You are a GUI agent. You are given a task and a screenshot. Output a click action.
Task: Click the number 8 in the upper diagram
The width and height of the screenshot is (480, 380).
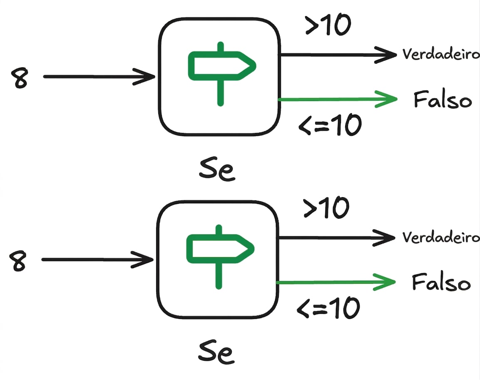coord(20,78)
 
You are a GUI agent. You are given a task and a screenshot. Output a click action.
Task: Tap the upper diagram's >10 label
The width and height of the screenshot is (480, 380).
coord(328,25)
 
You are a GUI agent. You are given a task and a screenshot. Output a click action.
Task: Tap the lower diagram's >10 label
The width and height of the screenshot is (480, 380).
coord(326,207)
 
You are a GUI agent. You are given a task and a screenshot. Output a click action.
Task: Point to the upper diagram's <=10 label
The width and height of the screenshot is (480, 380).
coord(330,125)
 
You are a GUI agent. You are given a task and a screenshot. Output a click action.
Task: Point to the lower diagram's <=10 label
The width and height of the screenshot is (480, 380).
coord(328,307)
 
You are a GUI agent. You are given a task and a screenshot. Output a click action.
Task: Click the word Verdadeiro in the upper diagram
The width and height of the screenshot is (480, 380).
coord(441,54)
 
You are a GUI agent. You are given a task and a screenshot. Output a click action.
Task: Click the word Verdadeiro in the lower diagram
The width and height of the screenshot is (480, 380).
coord(441,237)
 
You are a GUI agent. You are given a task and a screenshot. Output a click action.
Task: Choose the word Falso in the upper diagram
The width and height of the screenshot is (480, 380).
coord(443,99)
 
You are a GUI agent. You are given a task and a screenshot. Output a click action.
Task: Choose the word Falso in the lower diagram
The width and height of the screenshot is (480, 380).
coord(441,282)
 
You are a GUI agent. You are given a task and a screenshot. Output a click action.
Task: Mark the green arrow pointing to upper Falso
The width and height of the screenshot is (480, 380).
coord(338,99)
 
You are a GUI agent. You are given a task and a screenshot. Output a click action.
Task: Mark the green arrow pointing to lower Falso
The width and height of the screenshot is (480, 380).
coord(336,282)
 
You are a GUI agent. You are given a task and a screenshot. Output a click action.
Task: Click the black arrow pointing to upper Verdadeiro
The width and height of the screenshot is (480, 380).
coord(338,55)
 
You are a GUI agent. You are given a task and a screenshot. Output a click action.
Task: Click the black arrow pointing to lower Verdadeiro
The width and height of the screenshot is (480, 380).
coord(337,238)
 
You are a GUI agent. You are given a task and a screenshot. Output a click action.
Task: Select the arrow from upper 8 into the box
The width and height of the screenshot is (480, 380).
coord(99,77)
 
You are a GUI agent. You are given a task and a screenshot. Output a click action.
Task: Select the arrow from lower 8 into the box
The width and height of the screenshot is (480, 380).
coord(97,260)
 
